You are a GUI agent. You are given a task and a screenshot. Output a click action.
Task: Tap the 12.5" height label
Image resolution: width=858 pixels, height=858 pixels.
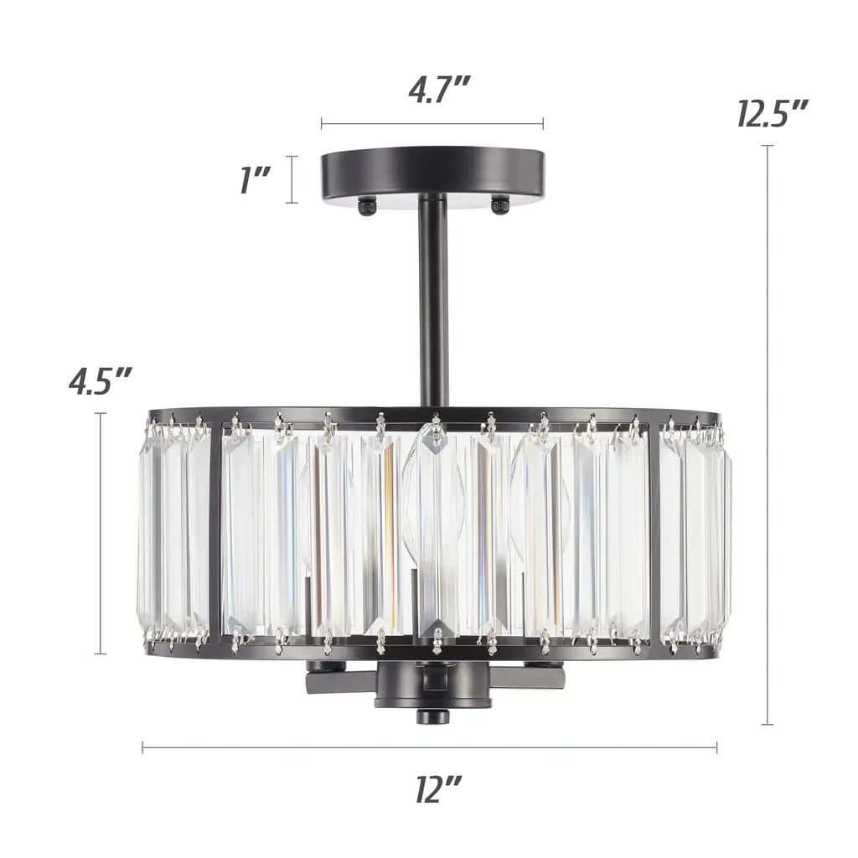click(772, 113)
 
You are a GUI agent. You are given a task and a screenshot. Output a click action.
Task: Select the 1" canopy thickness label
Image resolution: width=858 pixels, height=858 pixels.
click(255, 180)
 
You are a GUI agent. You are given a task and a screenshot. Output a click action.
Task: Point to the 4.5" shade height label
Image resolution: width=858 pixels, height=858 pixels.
click(101, 380)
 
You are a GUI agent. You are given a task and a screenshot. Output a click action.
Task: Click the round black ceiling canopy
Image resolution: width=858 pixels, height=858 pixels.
click(432, 175)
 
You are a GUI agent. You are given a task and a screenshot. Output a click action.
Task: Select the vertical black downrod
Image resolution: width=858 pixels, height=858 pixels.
click(433, 301)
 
